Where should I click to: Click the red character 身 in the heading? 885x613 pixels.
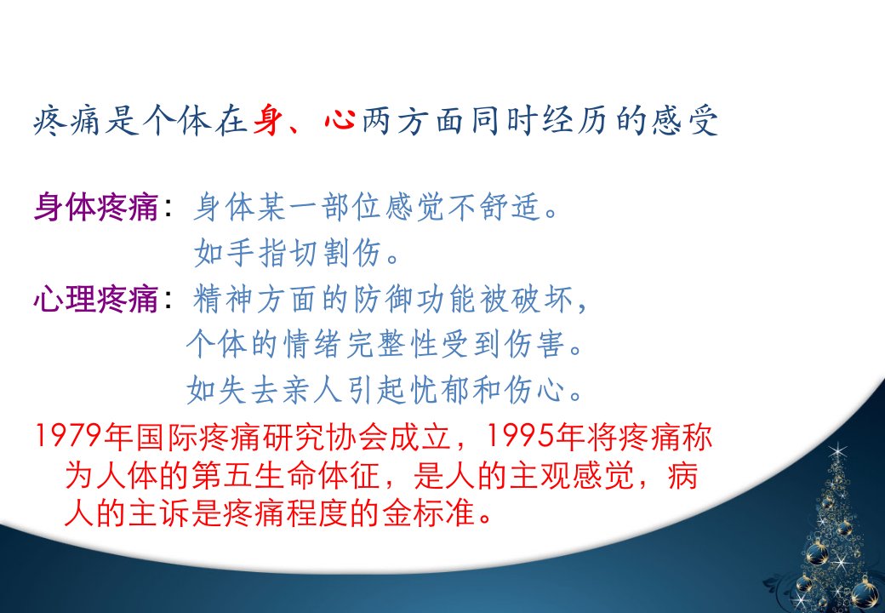click(x=267, y=120)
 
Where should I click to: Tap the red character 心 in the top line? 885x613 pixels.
click(x=340, y=120)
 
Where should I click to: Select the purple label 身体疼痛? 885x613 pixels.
click(x=96, y=207)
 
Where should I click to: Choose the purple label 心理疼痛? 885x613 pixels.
click(x=96, y=299)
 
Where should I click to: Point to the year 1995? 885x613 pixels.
click(x=519, y=437)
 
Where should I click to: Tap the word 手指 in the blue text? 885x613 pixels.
click(x=242, y=252)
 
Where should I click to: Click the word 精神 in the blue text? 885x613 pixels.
click(x=224, y=299)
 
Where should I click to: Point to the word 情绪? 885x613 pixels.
click(x=312, y=344)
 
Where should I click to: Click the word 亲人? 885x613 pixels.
click(x=312, y=389)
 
